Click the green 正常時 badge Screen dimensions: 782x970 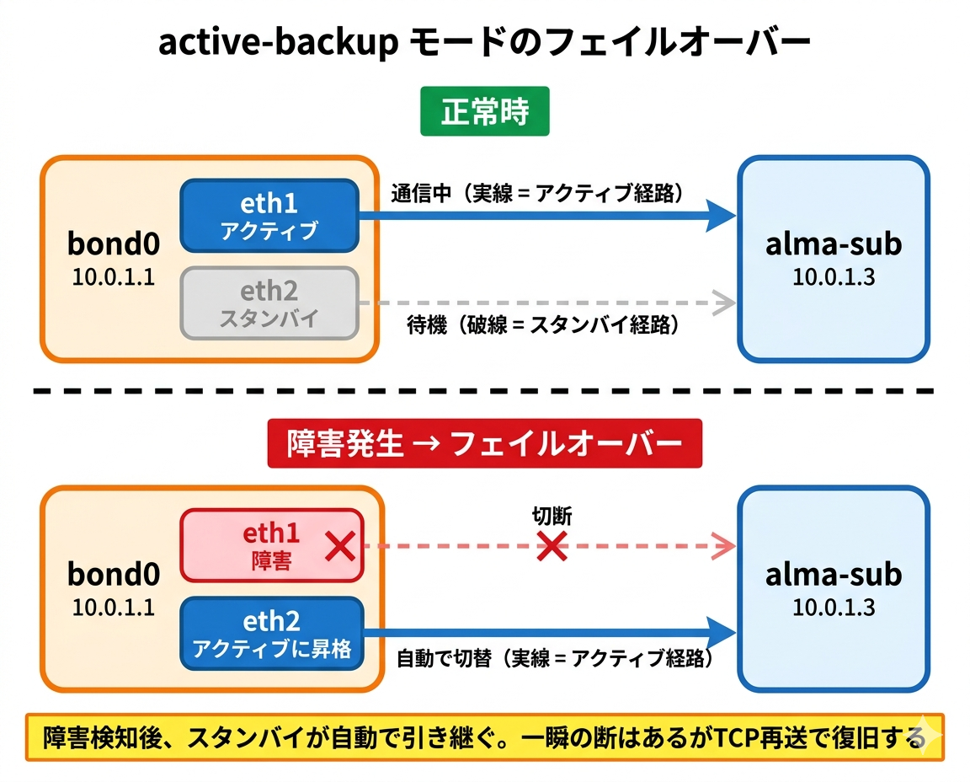click(x=484, y=111)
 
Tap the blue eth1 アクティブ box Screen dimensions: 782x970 click(x=269, y=216)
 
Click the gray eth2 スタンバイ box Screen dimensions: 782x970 click(x=269, y=303)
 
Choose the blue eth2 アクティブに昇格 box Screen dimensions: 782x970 click(x=270, y=634)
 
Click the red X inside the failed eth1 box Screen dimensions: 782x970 click(x=339, y=547)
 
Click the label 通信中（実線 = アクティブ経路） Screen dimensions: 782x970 click(x=536, y=193)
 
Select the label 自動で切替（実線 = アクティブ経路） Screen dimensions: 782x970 click(x=555, y=659)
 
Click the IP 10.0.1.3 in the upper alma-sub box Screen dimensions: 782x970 click(x=833, y=276)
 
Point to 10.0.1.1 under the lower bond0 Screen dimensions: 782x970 click(x=114, y=607)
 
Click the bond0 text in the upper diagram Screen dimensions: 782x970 click(x=114, y=244)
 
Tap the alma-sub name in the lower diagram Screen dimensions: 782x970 click(x=833, y=575)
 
